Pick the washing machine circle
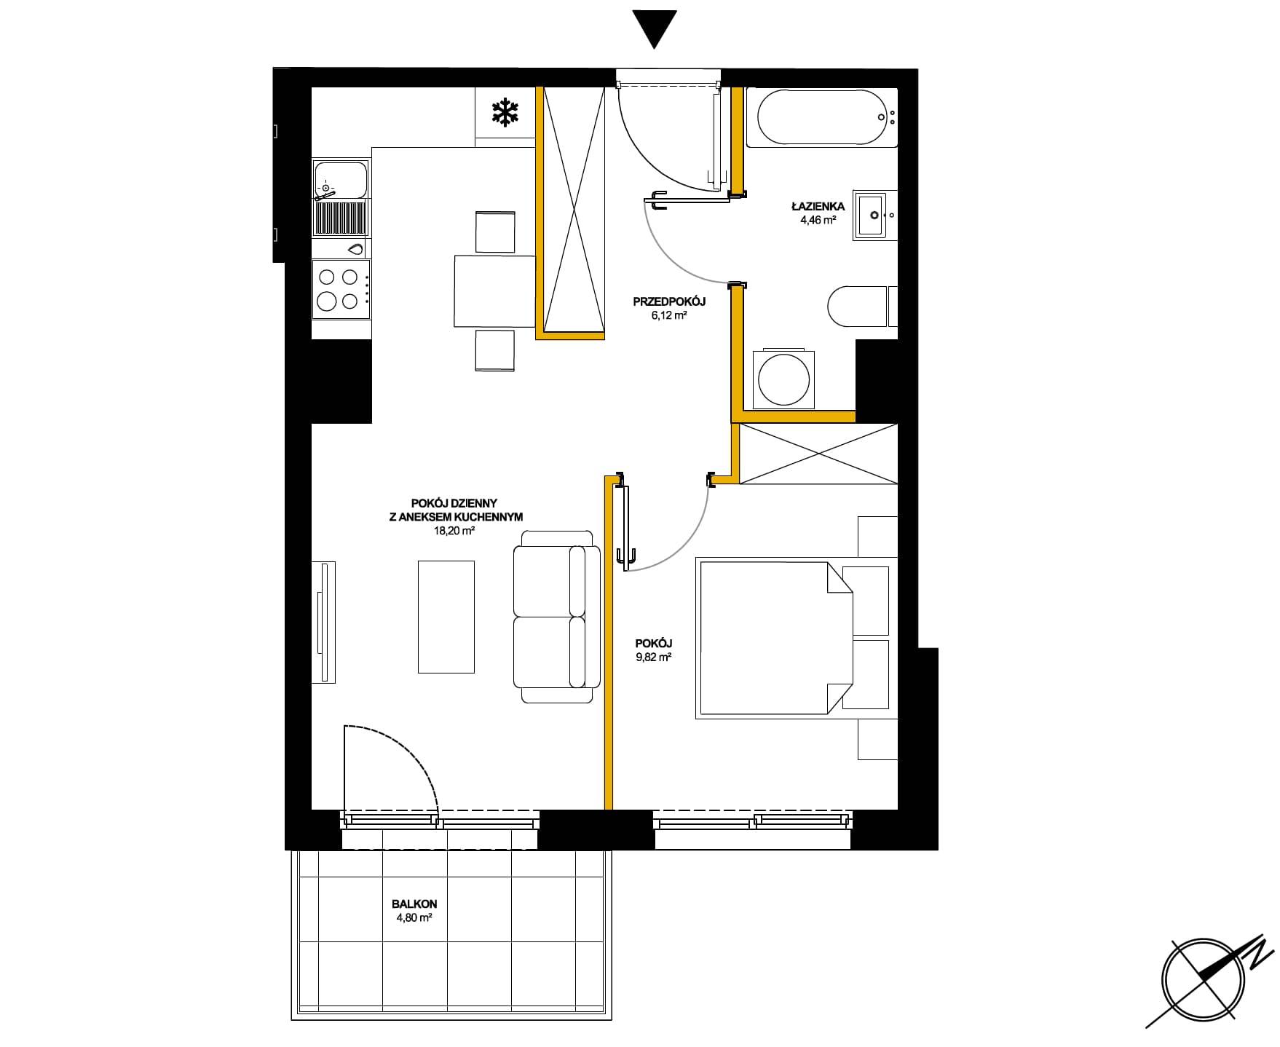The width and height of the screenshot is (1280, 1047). coord(783,379)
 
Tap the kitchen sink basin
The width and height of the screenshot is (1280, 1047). coord(340,179)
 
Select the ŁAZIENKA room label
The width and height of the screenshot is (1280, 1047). coord(818,207)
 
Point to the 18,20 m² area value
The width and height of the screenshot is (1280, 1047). coord(454,532)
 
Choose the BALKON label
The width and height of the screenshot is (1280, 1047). coord(414,904)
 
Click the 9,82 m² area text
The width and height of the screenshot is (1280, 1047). coord(653,656)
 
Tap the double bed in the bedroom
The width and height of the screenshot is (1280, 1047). coord(774,639)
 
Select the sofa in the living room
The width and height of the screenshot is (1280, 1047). coord(556,616)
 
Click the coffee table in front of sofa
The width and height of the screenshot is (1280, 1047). coord(446,617)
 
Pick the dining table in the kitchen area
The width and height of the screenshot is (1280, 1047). coord(494,291)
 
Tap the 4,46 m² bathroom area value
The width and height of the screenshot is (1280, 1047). coord(818,220)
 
